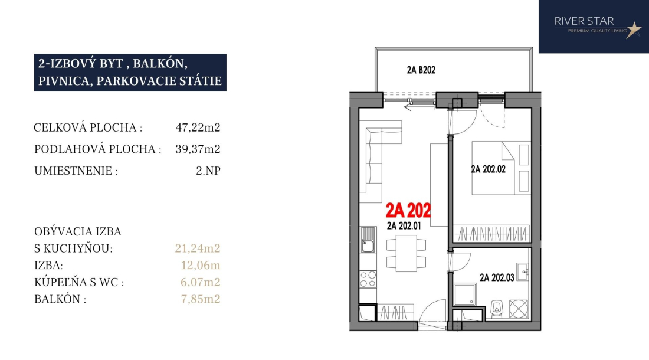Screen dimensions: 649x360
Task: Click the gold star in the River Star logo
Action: tap(633, 30)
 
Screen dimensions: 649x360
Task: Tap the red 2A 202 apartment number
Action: tap(408, 211)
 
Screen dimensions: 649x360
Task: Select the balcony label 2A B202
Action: tap(421, 70)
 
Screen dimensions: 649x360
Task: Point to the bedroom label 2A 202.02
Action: tap(489, 169)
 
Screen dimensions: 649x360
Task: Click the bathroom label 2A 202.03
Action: tap(497, 277)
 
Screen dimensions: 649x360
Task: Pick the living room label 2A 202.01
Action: tap(404, 225)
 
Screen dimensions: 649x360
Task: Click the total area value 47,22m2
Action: tap(198, 127)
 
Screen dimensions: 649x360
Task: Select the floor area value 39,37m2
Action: tap(198, 149)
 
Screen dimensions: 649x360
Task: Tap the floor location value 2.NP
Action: tap(208, 171)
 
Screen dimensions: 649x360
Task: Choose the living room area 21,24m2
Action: tap(198, 248)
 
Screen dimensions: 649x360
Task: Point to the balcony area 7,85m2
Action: tap(201, 299)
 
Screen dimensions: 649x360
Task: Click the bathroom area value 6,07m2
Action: tap(201, 282)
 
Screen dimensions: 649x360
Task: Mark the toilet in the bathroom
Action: tap(496, 308)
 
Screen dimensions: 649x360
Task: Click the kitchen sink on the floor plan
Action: tap(368, 240)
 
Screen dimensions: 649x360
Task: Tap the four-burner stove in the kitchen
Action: tap(368, 279)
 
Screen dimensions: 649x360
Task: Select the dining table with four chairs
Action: tap(406, 253)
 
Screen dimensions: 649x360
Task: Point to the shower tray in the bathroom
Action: tap(465, 294)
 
